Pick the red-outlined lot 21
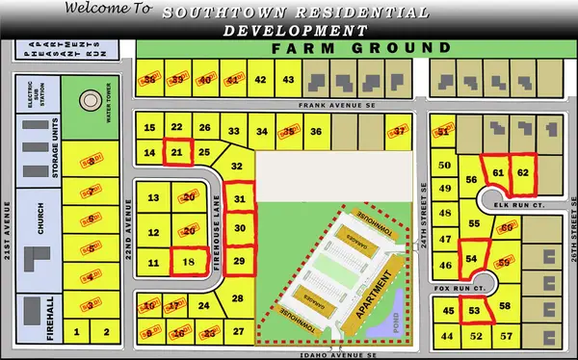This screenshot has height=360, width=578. click(176, 152)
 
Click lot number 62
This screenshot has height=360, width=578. click(522, 171)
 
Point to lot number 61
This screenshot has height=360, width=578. click(497, 172)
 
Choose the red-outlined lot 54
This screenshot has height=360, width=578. click(471, 259)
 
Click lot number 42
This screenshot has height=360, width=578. click(260, 79)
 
